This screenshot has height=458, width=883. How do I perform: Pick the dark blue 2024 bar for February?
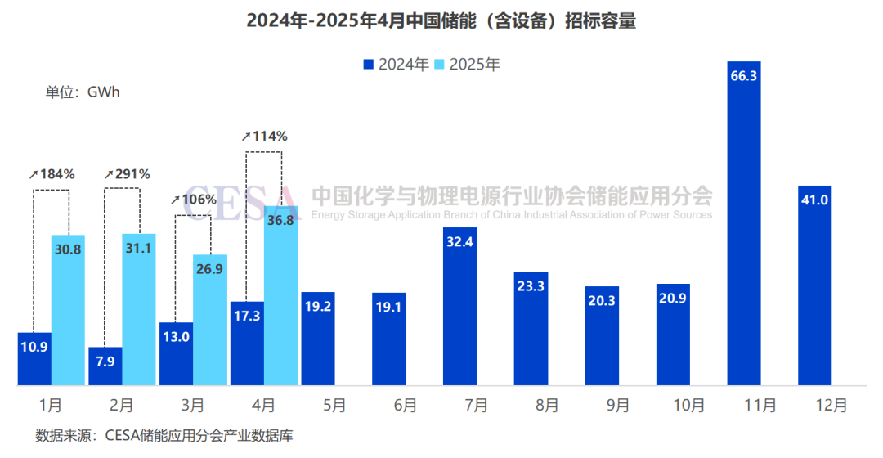104,366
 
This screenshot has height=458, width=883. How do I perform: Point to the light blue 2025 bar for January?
68,319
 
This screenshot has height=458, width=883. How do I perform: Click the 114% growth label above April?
265,136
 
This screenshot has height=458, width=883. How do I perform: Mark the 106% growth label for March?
194,200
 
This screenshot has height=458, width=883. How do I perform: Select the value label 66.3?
743,75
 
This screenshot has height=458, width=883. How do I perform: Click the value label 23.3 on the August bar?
531,286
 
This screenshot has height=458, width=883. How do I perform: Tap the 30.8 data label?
68,249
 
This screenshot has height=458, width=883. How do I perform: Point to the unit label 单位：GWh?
82,92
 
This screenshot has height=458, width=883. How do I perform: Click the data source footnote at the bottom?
164,436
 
